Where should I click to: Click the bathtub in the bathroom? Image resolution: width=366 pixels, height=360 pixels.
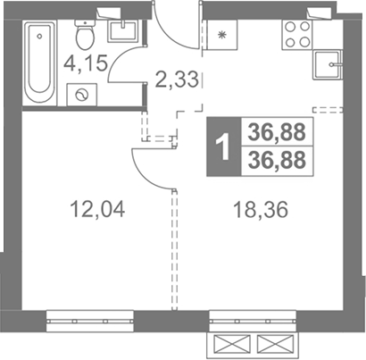pyautogui.click(x=40, y=62)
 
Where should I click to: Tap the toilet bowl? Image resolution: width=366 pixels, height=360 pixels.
pyautogui.click(x=86, y=35)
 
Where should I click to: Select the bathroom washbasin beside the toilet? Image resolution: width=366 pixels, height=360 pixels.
pyautogui.click(x=123, y=31)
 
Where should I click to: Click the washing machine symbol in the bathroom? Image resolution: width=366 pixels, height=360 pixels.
pyautogui.click(x=82, y=95)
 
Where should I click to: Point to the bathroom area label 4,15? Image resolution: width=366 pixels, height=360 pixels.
pyautogui.click(x=86, y=63)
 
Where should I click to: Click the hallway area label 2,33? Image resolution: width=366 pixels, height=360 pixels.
pyautogui.click(x=177, y=80)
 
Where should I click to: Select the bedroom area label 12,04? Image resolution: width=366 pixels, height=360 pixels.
pyautogui.click(x=97, y=209)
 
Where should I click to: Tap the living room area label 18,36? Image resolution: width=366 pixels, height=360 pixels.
pyautogui.click(x=261, y=210)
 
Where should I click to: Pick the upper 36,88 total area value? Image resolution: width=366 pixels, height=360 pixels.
pyautogui.click(x=277, y=132)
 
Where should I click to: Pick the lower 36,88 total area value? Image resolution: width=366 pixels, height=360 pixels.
pyautogui.click(x=277, y=160)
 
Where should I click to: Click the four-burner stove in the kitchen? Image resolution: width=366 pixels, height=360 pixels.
pyautogui.click(x=297, y=35)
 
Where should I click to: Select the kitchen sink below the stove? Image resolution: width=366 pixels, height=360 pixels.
pyautogui.click(x=328, y=64)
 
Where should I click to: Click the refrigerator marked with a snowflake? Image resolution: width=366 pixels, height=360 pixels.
pyautogui.click(x=221, y=35)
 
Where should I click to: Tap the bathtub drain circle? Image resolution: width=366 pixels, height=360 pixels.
pyautogui.click(x=39, y=36)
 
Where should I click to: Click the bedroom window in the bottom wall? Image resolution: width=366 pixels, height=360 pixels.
pyautogui.click(x=89, y=322)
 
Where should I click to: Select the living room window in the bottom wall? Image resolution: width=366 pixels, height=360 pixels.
pyautogui.click(x=253, y=322)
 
